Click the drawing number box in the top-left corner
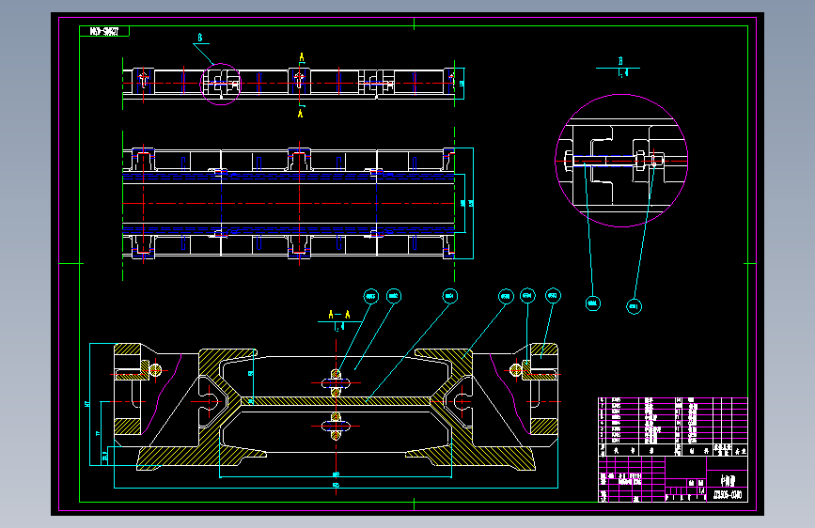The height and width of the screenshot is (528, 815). [x=104, y=32]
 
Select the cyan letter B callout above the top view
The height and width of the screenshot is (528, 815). [x=200, y=39]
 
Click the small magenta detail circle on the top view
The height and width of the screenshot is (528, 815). [x=222, y=85]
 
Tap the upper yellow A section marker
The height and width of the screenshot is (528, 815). [x=301, y=58]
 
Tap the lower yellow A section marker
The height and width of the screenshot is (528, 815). [x=301, y=113]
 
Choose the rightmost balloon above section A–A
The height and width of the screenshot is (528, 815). [x=553, y=296]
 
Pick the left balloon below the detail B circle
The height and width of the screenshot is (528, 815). [x=593, y=303]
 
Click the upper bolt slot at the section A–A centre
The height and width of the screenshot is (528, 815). [x=337, y=380]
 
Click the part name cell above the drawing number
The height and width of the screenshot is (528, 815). [x=728, y=476]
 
